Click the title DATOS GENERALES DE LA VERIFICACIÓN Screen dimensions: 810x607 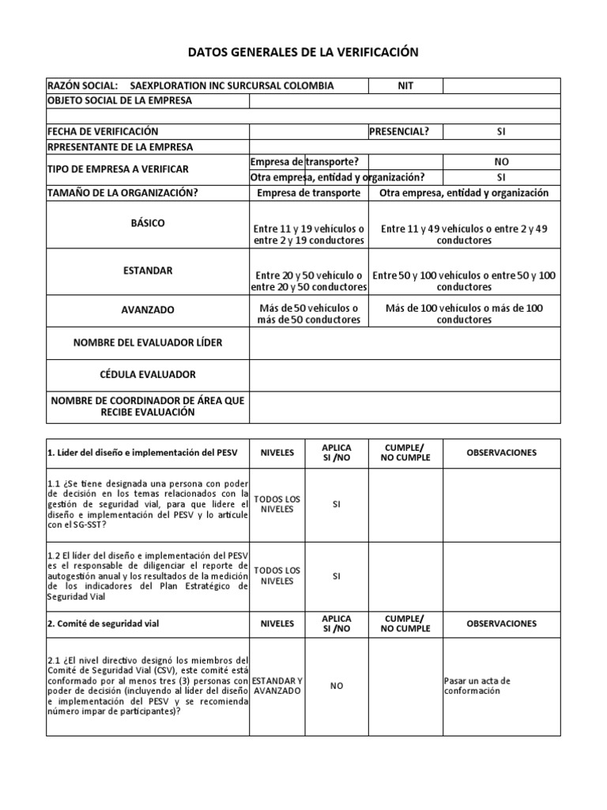[x=303, y=52]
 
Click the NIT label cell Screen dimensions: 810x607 [x=405, y=85]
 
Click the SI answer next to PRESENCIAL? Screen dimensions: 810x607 [x=501, y=131]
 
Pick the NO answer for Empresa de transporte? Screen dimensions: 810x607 [x=501, y=161]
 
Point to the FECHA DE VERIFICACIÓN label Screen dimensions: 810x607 [x=103, y=131]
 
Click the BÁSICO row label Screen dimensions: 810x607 [x=148, y=223]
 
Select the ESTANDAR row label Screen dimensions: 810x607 [x=148, y=271]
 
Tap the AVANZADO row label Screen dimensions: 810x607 [x=148, y=310]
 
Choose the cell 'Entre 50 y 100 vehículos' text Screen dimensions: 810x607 [x=464, y=281]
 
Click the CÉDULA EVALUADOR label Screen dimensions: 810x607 [x=148, y=373]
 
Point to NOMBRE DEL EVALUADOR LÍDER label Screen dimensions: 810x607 [x=148, y=342]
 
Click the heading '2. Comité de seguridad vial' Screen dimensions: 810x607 [x=103, y=623]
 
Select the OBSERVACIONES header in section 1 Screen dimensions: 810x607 [x=501, y=452]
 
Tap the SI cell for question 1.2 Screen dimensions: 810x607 [x=337, y=576]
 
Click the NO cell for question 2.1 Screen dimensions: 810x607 [x=337, y=685]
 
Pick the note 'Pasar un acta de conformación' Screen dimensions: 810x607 [x=477, y=685]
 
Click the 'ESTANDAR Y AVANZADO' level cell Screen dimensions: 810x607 [x=277, y=685]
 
